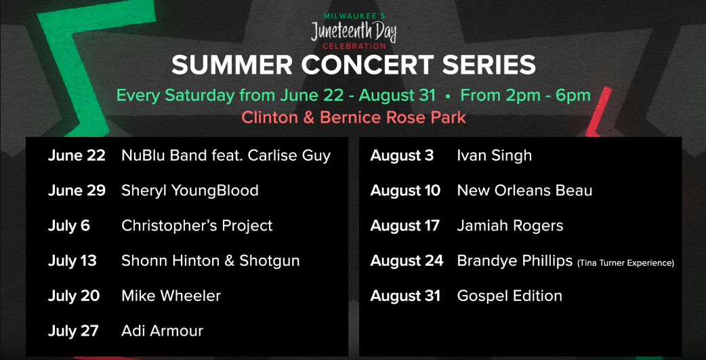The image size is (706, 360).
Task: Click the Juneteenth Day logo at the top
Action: (x=353, y=31)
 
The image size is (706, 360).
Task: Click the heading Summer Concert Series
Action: (x=353, y=65)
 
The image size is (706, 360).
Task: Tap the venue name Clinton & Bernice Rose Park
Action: (x=353, y=117)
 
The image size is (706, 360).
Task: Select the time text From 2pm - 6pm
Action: (x=525, y=95)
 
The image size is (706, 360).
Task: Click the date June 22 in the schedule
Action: (x=77, y=155)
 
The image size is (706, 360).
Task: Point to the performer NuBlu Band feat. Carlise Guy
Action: (x=226, y=155)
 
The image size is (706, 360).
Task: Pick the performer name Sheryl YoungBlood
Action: (x=190, y=191)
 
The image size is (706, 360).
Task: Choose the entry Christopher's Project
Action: (x=196, y=226)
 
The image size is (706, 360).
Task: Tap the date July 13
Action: (x=72, y=261)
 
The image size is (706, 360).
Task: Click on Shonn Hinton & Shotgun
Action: (x=210, y=261)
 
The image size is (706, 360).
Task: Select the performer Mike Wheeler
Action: (x=171, y=296)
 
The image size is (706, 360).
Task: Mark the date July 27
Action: (x=73, y=332)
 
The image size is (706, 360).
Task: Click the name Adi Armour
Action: (x=162, y=332)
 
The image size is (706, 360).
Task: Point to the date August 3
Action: (x=402, y=155)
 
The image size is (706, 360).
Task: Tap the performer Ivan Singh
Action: (x=494, y=155)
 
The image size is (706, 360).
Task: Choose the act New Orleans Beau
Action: (x=524, y=191)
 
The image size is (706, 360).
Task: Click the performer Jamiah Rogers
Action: (x=510, y=226)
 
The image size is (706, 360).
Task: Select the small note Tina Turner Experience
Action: (x=625, y=263)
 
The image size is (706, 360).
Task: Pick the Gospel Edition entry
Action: (x=510, y=296)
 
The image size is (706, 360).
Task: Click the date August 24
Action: (x=407, y=261)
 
